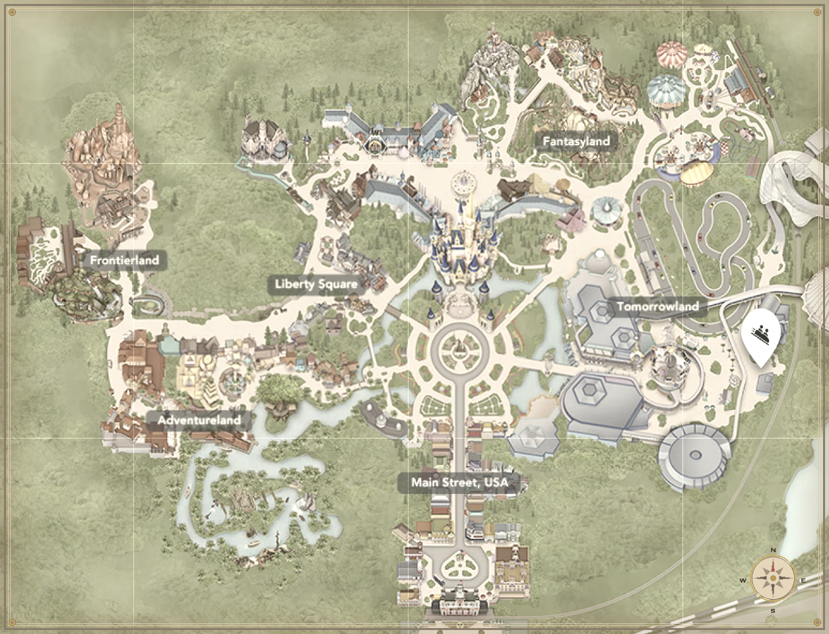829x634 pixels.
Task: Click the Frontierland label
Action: (124, 260)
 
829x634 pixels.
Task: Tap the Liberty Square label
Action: (316, 285)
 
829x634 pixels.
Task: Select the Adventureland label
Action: (199, 419)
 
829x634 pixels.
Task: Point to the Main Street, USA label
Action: (459, 483)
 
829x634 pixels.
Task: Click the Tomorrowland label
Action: (657, 306)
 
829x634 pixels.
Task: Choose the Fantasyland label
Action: (576, 141)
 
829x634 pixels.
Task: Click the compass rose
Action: (773, 579)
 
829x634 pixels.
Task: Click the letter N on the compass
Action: (773, 551)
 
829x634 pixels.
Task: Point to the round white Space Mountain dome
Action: (694, 456)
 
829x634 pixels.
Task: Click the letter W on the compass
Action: (743, 581)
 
